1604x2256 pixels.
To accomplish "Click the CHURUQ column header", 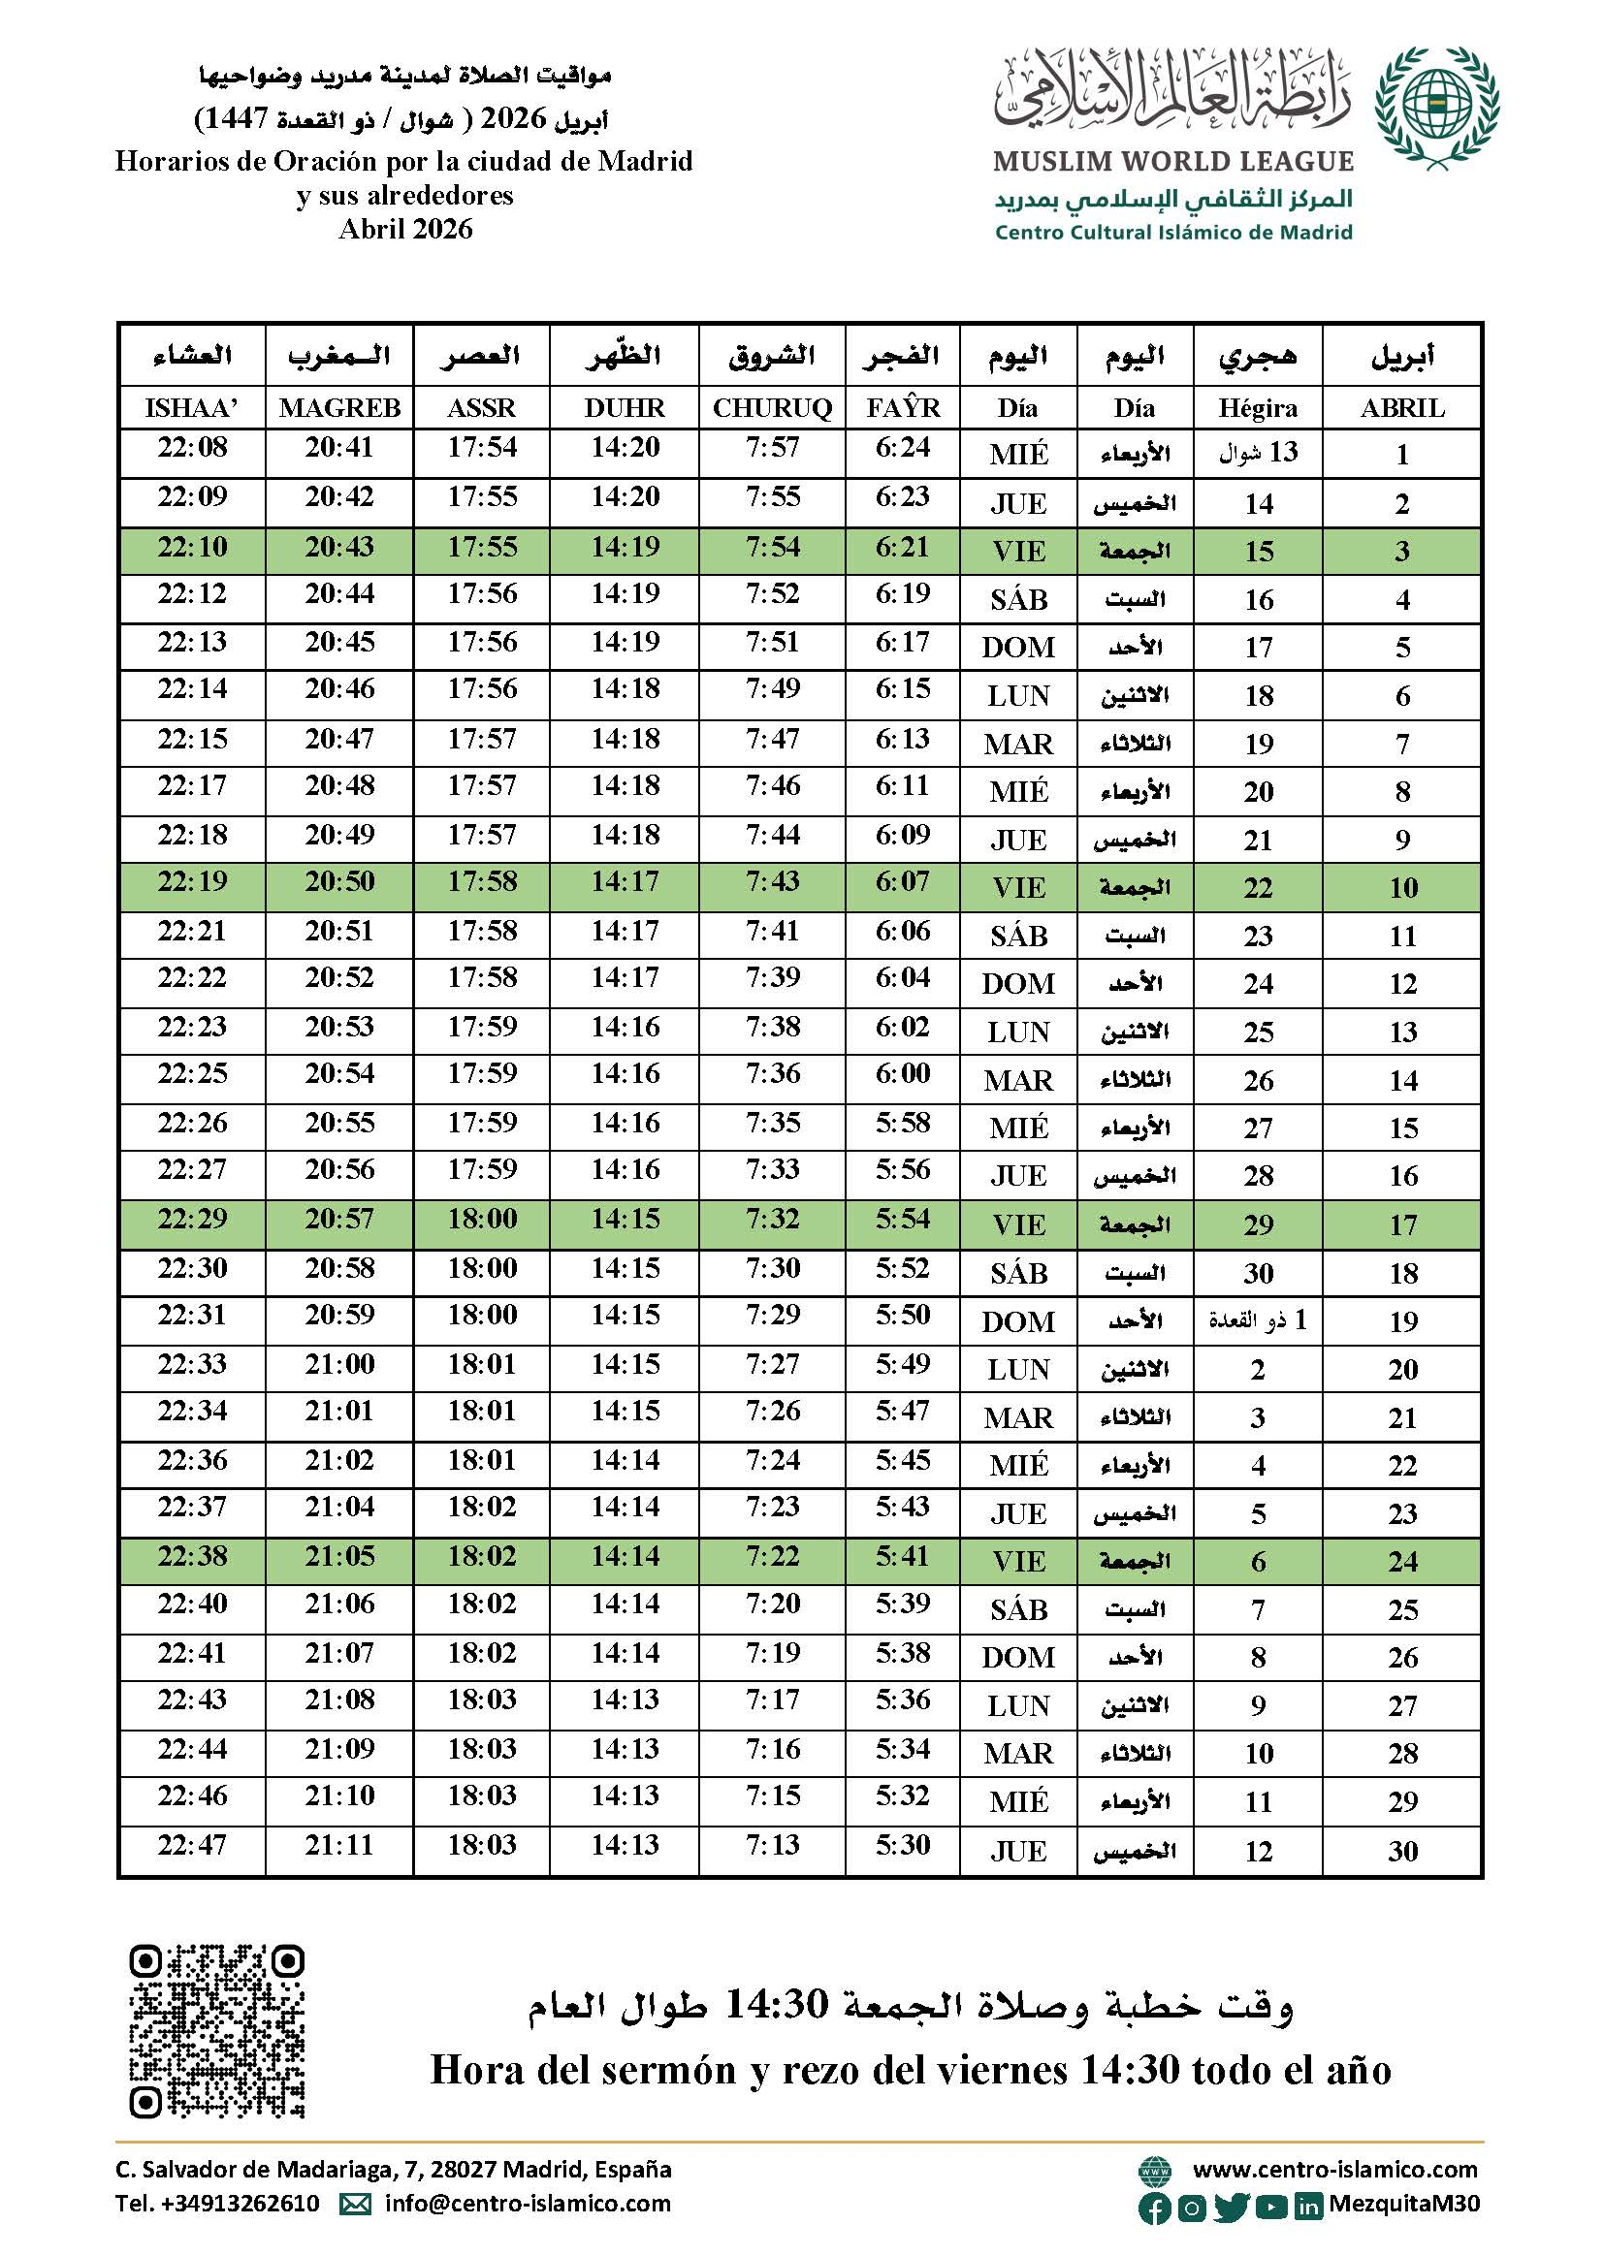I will pos(772,408).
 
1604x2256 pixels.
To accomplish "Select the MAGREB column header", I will pos(339,408).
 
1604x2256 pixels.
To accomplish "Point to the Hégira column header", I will pos(1258,408).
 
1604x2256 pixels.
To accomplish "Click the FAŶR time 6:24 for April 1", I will pos(903,448).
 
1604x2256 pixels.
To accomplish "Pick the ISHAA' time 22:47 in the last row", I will pos(192,1845).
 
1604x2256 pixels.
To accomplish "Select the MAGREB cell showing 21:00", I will pos(339,1363).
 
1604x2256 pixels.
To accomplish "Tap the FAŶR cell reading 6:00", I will pos(903,1073).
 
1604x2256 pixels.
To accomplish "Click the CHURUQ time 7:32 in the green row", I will pos(772,1219).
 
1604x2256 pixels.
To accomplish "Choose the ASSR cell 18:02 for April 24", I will pos(482,1556).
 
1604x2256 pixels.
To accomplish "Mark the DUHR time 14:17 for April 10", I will pos(626,881).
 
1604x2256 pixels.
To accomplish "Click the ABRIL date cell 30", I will pos(1402,1851).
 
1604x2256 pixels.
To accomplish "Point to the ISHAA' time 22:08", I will pos(192,448).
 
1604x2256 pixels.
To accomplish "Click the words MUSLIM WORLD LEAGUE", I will pos(1173,161).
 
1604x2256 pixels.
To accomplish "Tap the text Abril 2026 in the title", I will pos(405,229).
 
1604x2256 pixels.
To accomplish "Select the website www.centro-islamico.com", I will pos(1334,2169).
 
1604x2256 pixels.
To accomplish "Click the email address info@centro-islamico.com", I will pos(528,2203).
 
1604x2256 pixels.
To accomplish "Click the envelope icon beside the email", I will pos(356,2204).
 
